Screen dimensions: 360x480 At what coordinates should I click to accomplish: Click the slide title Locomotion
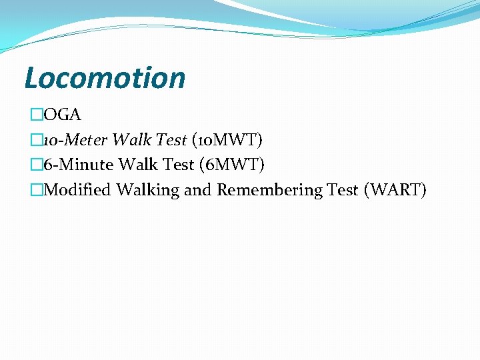click(105, 78)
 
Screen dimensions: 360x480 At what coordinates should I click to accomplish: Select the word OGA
click(62, 115)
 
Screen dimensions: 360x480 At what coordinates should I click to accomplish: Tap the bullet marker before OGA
click(37, 115)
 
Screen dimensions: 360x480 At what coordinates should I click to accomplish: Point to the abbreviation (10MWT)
click(227, 140)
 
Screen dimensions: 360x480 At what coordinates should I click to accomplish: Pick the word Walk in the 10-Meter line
click(131, 140)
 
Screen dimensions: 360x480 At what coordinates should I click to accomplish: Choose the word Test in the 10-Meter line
click(171, 140)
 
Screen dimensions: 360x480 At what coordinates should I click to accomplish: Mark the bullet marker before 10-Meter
click(37, 140)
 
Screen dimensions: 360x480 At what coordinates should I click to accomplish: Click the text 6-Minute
click(79, 165)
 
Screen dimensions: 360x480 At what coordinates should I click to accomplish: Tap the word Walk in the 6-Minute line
click(137, 165)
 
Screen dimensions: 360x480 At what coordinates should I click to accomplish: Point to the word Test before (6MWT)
click(178, 165)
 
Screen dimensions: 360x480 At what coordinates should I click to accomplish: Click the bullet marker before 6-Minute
click(37, 165)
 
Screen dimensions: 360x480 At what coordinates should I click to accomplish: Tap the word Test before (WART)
click(343, 190)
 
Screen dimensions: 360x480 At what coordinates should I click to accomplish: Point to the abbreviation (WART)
click(395, 190)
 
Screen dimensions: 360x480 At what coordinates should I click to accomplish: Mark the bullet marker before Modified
click(37, 190)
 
